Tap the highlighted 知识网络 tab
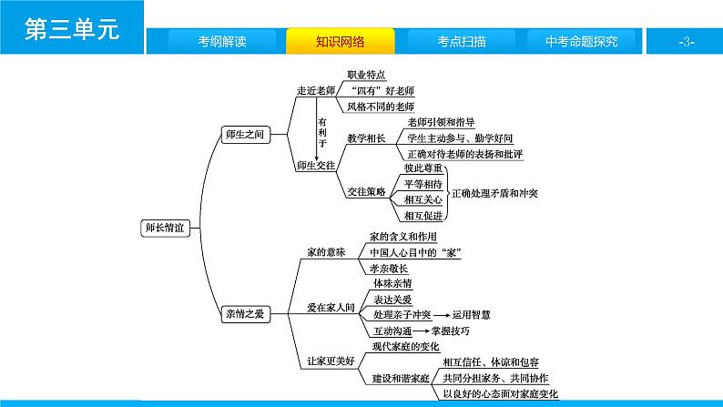click(341, 42)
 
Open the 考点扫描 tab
click(460, 42)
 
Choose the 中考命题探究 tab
click(580, 42)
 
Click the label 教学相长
click(366, 138)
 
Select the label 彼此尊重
click(423, 168)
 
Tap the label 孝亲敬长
click(390, 268)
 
